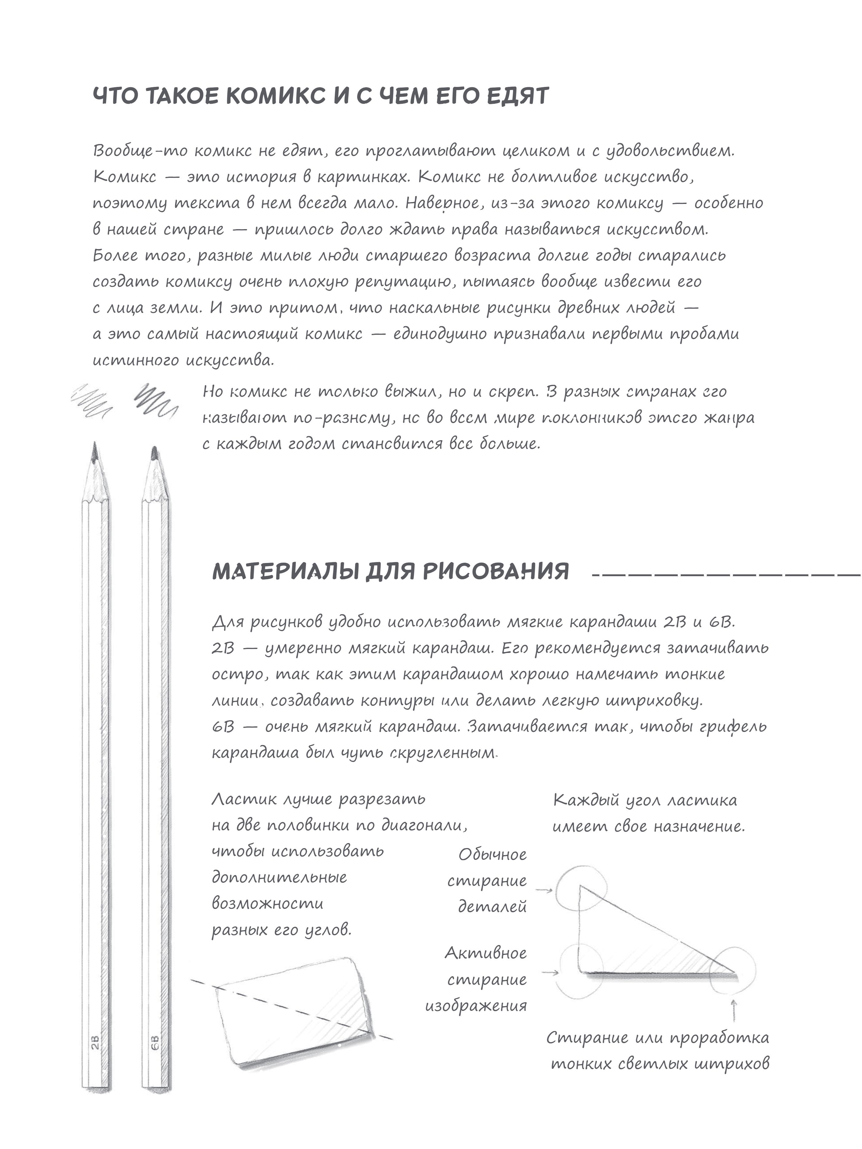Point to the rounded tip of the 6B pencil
click(154, 453)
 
